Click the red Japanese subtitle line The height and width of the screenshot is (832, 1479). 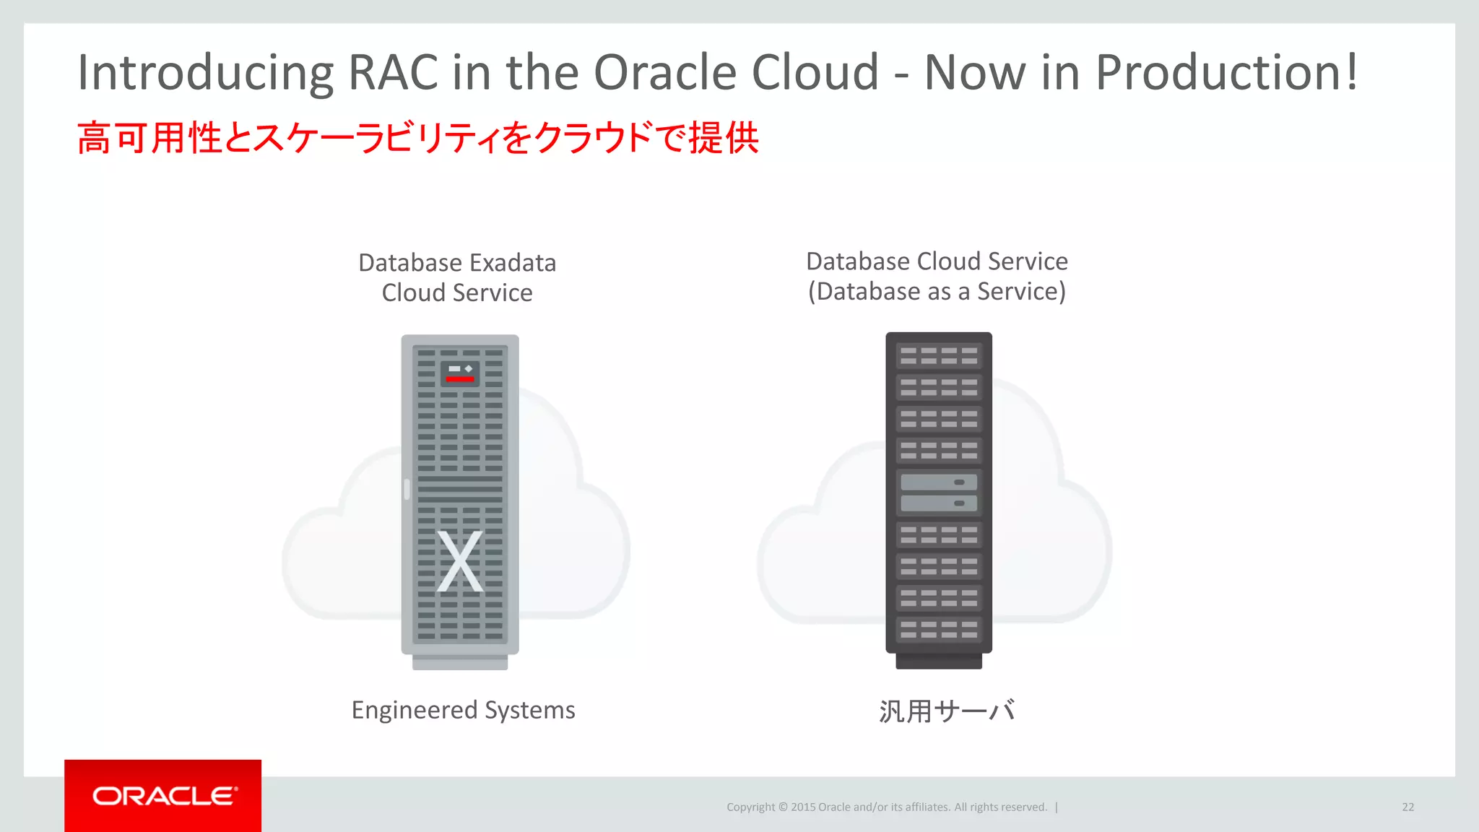pyautogui.click(x=417, y=138)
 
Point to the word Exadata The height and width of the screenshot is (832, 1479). pyautogui.click(x=510, y=263)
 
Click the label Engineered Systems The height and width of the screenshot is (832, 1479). pyautogui.click(x=463, y=710)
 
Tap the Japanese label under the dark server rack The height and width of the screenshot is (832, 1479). pyautogui.click(x=947, y=711)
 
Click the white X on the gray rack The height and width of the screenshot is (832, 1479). pyautogui.click(x=460, y=561)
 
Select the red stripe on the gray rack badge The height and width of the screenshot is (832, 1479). pyautogui.click(x=460, y=378)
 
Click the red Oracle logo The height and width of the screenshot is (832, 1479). pyautogui.click(x=163, y=796)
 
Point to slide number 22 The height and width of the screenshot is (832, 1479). pyautogui.click(x=1408, y=807)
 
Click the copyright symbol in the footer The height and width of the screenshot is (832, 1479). pyautogui.click(x=781, y=807)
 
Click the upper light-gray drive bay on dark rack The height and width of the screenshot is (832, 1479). pyautogui.click(x=939, y=482)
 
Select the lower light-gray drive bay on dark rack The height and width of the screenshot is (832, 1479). pyautogui.click(x=939, y=503)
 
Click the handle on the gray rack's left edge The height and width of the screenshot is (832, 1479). pyautogui.click(x=407, y=489)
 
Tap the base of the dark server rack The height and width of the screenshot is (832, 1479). pyautogui.click(x=939, y=662)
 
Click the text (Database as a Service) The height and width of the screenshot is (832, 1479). pyautogui.click(x=937, y=292)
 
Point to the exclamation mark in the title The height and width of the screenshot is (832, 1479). pyautogui.click(x=1350, y=72)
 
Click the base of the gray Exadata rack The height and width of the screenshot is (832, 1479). pyautogui.click(x=460, y=662)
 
